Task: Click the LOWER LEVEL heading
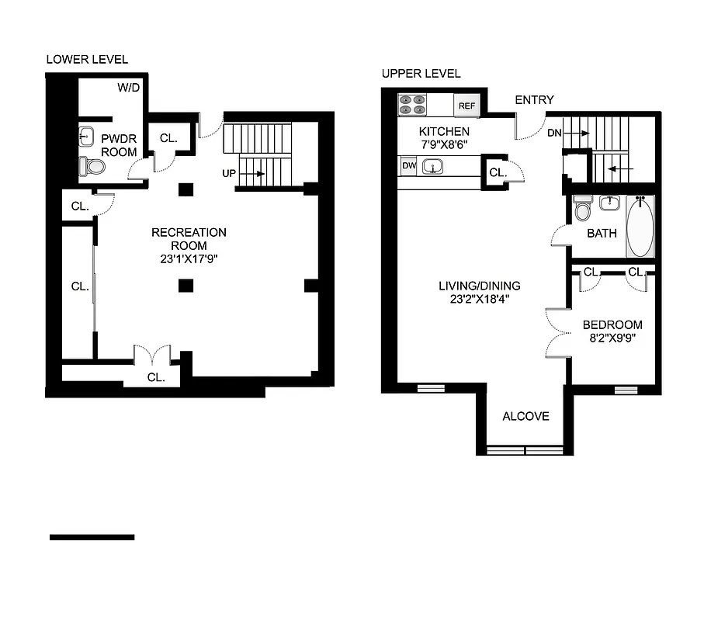(87, 59)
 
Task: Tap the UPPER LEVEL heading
(421, 74)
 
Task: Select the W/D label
(128, 88)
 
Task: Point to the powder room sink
(86, 137)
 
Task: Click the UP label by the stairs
(228, 174)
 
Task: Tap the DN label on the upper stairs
(554, 134)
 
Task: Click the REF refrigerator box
(466, 106)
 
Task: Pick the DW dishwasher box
(408, 165)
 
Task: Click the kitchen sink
(432, 165)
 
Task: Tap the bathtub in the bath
(640, 227)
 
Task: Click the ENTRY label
(534, 100)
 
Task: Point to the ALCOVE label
(525, 416)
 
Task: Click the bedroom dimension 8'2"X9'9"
(613, 338)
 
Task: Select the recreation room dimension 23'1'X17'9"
(189, 260)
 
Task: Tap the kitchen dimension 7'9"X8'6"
(444, 144)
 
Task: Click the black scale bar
(92, 537)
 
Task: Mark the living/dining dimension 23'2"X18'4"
(479, 298)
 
